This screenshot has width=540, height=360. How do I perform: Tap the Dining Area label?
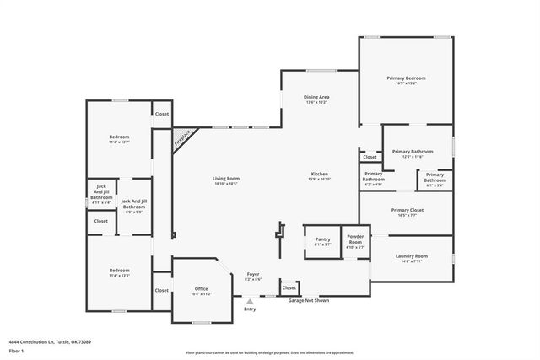click(x=316, y=99)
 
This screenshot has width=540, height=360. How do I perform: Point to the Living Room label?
click(x=225, y=180)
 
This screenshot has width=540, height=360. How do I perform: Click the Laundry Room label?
click(x=410, y=258)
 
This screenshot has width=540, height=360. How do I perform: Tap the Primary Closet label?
click(x=407, y=212)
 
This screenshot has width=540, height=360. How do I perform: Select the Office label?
click(x=201, y=291)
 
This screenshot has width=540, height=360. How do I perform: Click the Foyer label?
click(x=252, y=276)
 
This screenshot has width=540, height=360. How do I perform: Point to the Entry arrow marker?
click(x=250, y=301)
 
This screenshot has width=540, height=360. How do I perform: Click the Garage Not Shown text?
click(x=308, y=300)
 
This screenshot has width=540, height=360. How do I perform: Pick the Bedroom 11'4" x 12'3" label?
click(x=118, y=273)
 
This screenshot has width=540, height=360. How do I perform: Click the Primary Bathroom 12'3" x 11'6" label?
click(x=407, y=153)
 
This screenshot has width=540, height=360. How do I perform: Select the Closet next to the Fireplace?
click(x=161, y=114)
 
